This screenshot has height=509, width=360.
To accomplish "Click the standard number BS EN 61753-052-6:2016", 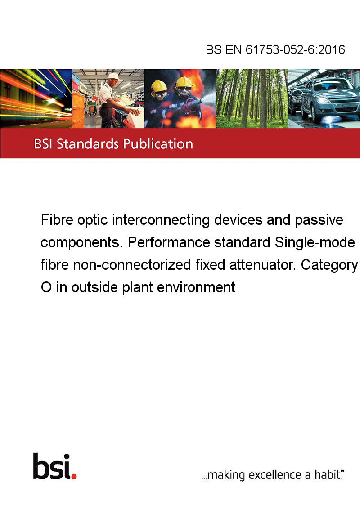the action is pos(275,49).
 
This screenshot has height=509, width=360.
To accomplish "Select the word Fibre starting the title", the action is pos(57,220).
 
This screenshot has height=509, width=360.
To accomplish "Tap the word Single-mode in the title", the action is pos(315,243).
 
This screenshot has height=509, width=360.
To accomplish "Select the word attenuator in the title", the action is pos(262,265).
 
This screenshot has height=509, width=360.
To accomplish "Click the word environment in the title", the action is pos(196,287).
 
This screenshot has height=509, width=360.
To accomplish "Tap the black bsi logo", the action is pos(52,466).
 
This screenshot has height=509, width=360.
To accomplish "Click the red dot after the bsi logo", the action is pos(74,476).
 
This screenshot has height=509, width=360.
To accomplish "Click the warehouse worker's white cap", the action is pos(114,76).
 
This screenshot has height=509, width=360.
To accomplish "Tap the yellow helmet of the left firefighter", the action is pos(159,86).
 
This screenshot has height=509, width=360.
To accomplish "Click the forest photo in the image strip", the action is pos(252,98).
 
